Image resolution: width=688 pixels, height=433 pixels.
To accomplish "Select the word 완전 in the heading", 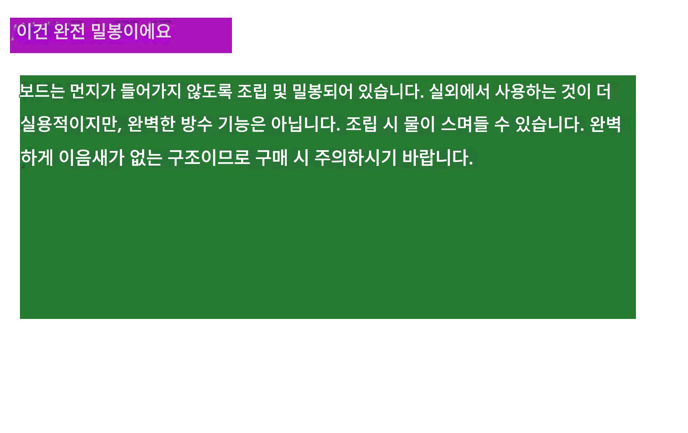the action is point(69,31).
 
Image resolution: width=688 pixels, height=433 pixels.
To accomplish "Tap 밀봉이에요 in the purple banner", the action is point(131,31).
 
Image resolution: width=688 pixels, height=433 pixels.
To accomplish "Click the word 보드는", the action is point(42,91).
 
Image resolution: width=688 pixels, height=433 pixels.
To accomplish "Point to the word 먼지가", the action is point(93,91).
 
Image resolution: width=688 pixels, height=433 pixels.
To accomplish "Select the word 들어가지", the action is point(151,91).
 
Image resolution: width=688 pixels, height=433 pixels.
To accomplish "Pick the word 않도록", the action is point(209,91).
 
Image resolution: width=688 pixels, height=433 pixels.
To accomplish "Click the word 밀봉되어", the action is point(322,91).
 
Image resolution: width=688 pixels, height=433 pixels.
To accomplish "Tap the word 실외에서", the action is point(459,91).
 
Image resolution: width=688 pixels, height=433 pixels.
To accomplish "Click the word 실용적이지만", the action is point(71,124).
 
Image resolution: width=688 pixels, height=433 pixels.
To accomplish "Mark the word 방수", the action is point(197,124).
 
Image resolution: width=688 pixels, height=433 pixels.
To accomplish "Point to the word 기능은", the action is point(242,124).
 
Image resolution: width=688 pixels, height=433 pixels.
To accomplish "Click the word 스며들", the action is point(465,124).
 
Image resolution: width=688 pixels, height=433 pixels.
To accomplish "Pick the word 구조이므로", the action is point(209,157).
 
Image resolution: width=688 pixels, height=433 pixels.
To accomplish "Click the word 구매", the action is point(272,157).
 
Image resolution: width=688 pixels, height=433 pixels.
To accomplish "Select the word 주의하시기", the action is point(356,157).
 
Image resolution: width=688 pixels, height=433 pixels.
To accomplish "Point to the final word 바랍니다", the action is point(438,157).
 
